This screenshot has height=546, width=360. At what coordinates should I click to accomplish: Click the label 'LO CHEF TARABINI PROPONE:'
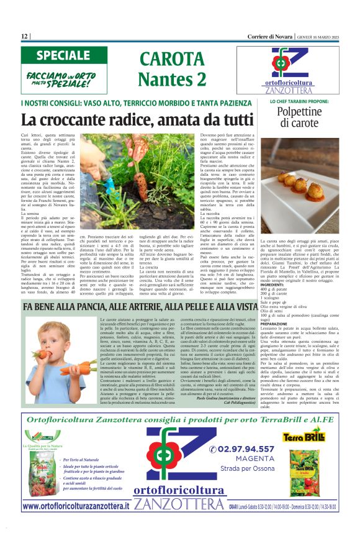click(300, 101)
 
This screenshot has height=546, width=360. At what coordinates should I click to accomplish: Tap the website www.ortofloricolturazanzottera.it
click(76, 506)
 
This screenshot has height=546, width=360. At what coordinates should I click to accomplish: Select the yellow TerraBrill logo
click(304, 437)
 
